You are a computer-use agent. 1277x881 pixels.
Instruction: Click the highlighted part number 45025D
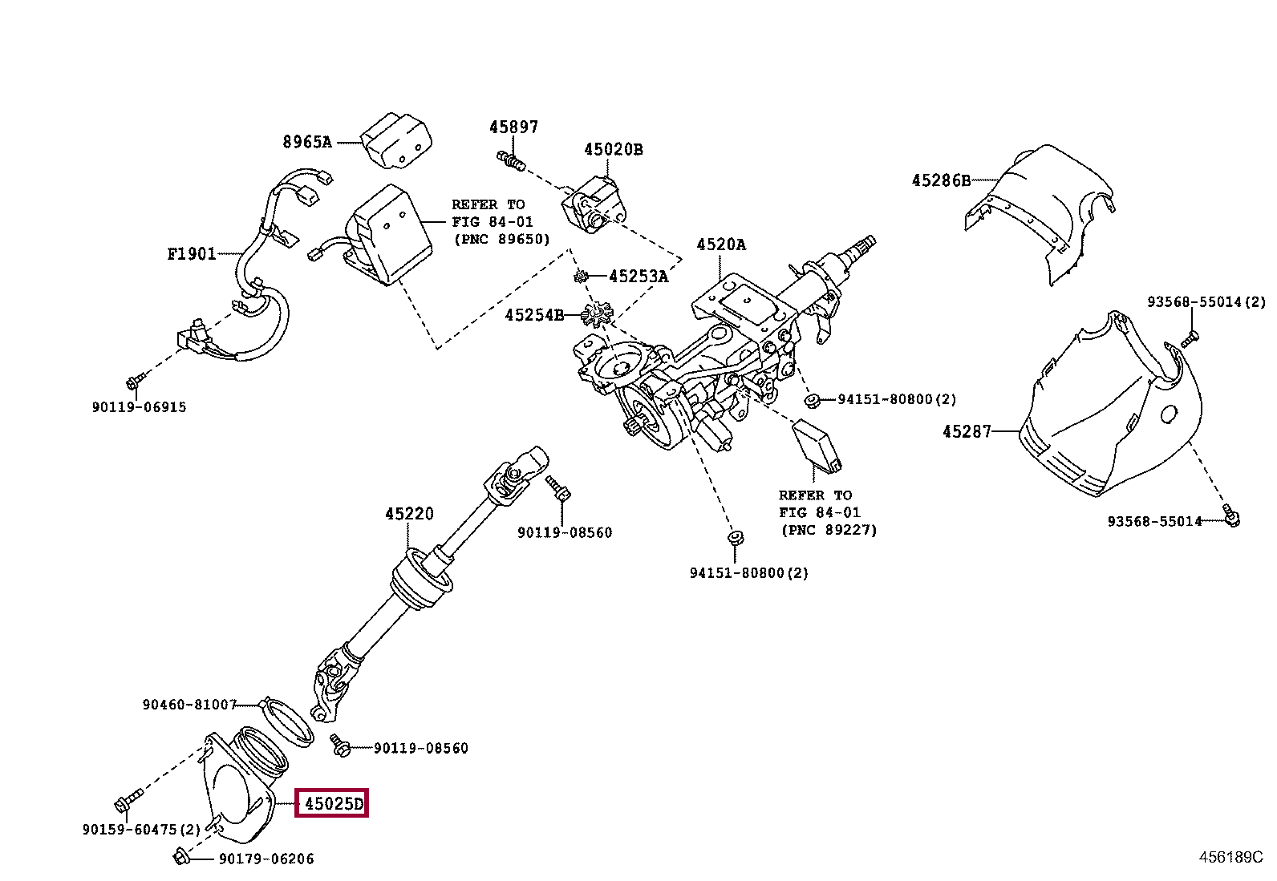click(x=332, y=803)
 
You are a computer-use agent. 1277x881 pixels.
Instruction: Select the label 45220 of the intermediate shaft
click(x=409, y=513)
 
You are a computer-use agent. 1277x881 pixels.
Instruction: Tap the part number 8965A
click(x=306, y=142)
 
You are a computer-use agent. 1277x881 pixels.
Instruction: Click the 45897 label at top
click(x=513, y=127)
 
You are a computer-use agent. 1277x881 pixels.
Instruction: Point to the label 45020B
click(x=613, y=149)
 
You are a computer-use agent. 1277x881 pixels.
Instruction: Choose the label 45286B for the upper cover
click(x=940, y=180)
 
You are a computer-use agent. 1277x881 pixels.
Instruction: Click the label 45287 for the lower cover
click(x=967, y=431)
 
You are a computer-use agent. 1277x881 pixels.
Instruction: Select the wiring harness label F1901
click(x=192, y=254)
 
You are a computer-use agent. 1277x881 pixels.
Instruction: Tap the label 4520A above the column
click(x=720, y=244)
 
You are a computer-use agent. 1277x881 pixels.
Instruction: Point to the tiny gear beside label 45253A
click(x=580, y=277)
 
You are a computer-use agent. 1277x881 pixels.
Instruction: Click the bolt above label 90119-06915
click(x=135, y=378)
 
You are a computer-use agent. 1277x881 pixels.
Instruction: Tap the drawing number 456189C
click(x=1230, y=857)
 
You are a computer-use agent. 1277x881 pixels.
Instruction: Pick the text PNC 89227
click(x=829, y=530)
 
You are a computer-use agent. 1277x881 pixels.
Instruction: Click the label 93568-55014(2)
click(x=1206, y=302)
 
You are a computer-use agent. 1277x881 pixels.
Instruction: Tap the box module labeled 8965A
click(x=396, y=141)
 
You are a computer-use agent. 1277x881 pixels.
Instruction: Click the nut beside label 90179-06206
click(x=181, y=858)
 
